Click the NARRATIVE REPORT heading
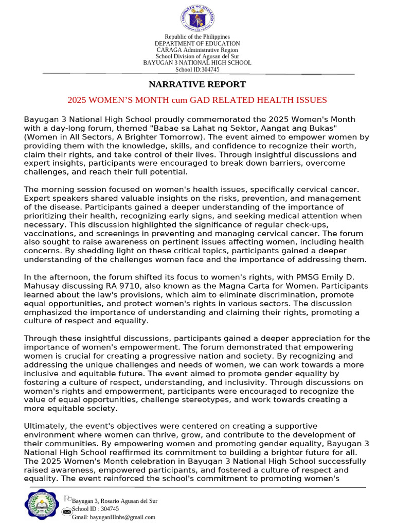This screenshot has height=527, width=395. pyautogui.click(x=197, y=84)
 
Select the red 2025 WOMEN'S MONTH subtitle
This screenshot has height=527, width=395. pyautogui.click(x=197, y=100)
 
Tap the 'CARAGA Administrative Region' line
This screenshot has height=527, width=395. pyautogui.click(x=197, y=50)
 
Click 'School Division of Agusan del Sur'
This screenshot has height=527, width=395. pyautogui.click(x=197, y=57)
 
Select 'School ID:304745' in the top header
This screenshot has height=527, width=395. pyautogui.click(x=197, y=69)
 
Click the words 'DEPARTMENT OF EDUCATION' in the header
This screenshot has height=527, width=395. pyautogui.click(x=197, y=43)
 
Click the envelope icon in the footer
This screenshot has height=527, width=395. pyautogui.click(x=66, y=512)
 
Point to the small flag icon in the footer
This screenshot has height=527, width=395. pyautogui.click(x=67, y=498)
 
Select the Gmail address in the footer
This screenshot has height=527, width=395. pyautogui.click(x=113, y=517)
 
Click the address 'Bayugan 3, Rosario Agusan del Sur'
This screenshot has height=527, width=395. pyautogui.click(x=115, y=501)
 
